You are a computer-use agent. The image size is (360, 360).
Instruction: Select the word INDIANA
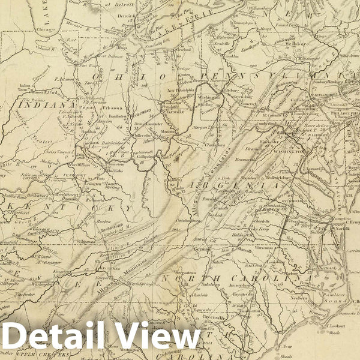pos(35,106)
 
